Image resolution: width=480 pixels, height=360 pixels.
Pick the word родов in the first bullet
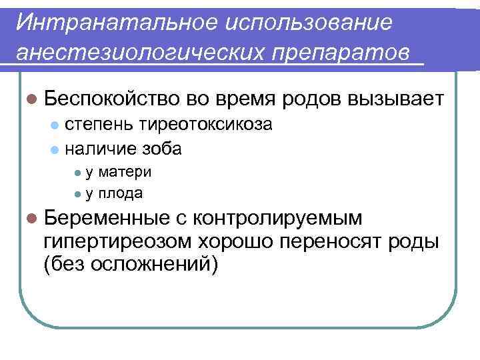pyautogui.click(x=313, y=99)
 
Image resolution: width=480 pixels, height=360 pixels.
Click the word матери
pyautogui.click(x=125, y=172)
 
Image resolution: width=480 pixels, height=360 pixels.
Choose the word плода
pyautogui.click(x=121, y=193)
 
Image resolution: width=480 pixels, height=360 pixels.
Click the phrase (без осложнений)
pyautogui.click(x=130, y=264)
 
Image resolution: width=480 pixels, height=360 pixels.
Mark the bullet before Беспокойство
pyautogui.click(x=31, y=100)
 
